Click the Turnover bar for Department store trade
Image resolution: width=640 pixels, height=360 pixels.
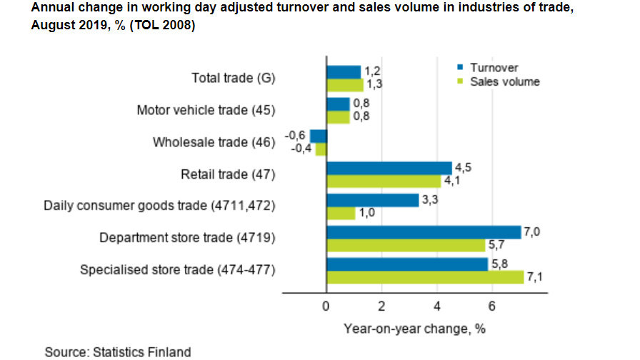[424, 232]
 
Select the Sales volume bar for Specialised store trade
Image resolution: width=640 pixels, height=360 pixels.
[425, 277]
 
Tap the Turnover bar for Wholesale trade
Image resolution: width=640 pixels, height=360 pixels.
[318, 136]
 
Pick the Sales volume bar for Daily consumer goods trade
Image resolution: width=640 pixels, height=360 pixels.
[340, 214]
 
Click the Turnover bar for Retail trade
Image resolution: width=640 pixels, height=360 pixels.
[389, 168]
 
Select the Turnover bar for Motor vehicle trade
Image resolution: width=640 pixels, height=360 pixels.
[338, 104]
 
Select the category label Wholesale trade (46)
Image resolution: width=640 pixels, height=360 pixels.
[214, 142]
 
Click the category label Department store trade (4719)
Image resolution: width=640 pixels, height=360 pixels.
[188, 238]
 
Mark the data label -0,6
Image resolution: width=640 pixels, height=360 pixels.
[296, 135]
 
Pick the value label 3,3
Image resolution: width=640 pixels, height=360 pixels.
[429, 200]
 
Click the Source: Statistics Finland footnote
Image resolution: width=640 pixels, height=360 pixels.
[118, 351]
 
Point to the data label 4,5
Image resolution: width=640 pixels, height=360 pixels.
[464, 167]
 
